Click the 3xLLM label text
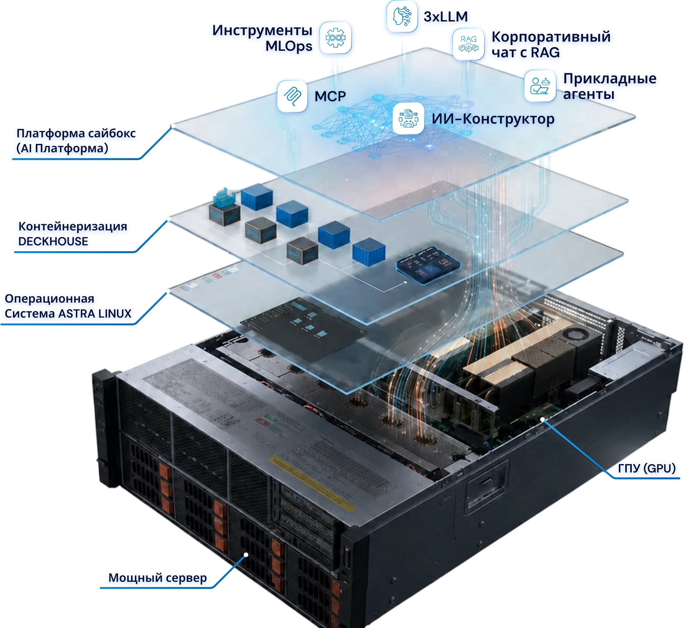pyautogui.click(x=445, y=17)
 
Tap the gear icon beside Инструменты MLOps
pyautogui.click(x=335, y=37)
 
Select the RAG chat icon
pyautogui.click(x=468, y=44)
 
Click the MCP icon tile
pyautogui.click(x=292, y=96)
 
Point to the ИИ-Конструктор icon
pyautogui.click(x=408, y=118)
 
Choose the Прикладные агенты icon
pyautogui.click(x=540, y=86)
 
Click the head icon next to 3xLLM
pyautogui.click(x=402, y=16)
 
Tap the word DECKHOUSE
pyautogui.click(x=53, y=241)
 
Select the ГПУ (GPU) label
pyautogui.click(x=646, y=468)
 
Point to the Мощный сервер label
pyautogui.click(x=158, y=578)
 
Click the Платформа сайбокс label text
pyautogui.click(x=76, y=133)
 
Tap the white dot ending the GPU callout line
pyautogui.click(x=542, y=419)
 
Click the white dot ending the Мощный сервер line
pyautogui.click(x=246, y=554)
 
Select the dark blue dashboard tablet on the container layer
pyautogui.click(x=428, y=265)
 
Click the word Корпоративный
pyautogui.click(x=551, y=37)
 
